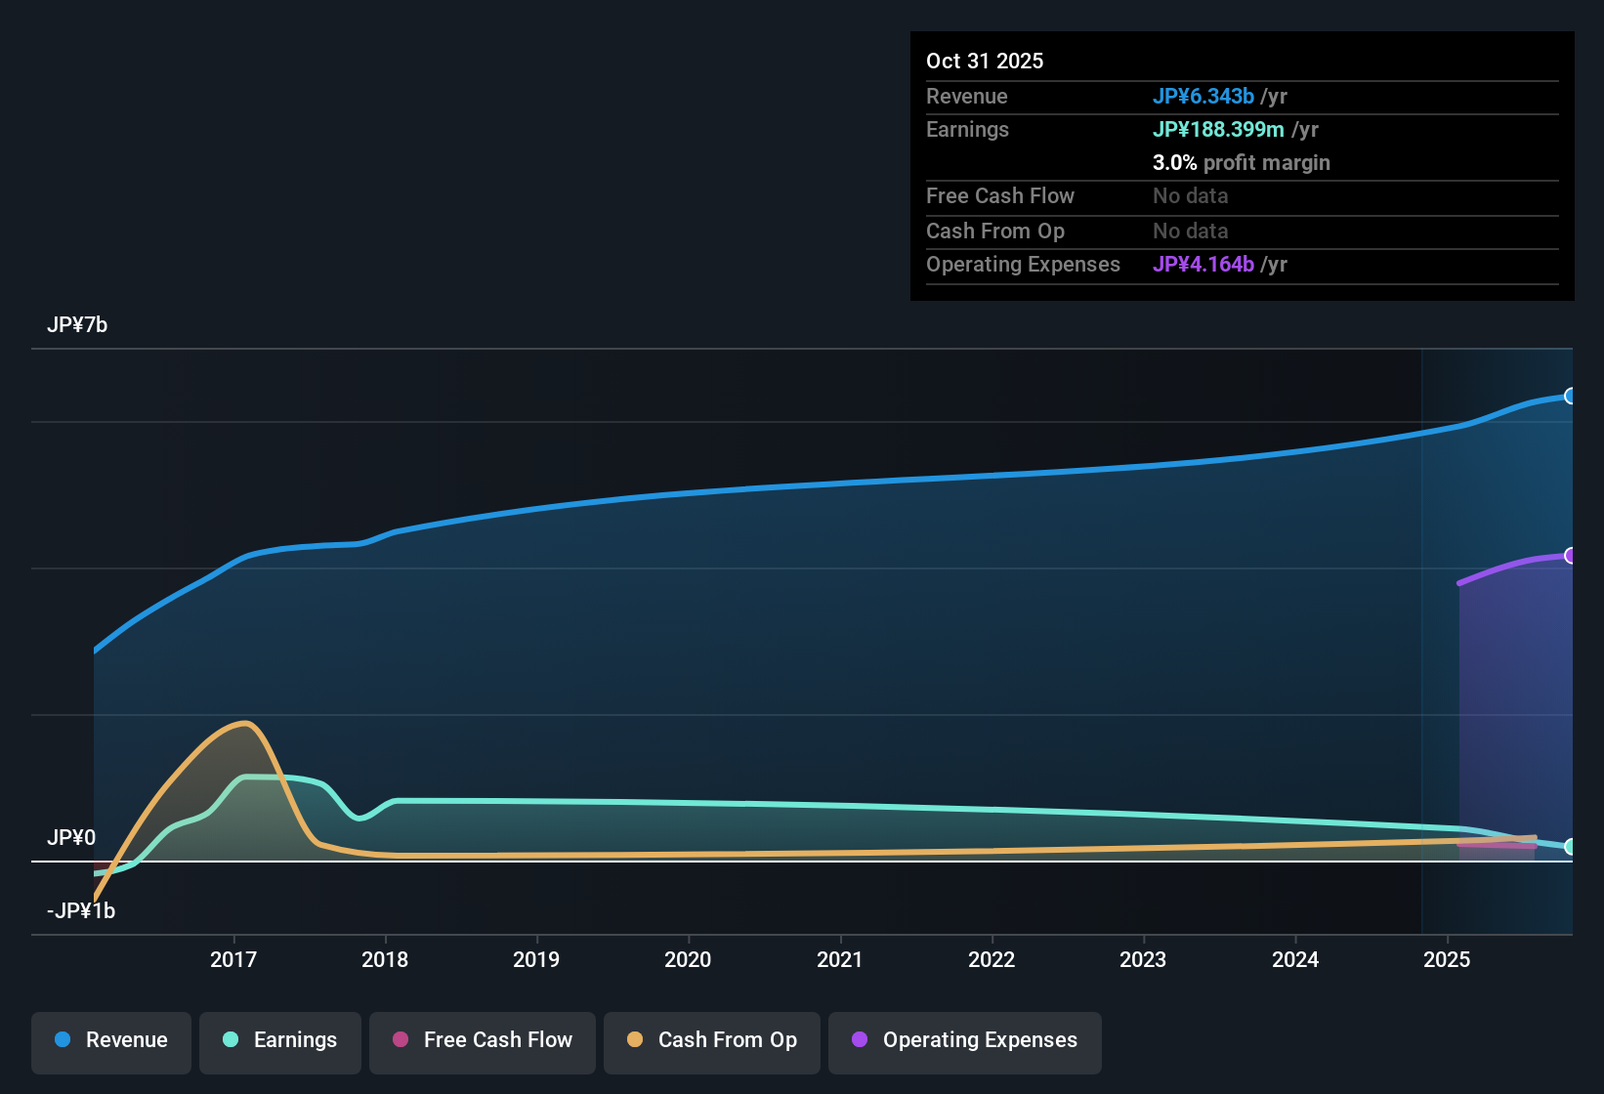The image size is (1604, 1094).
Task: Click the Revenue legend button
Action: pos(111,1041)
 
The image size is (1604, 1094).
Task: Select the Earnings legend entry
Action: pos(279,1041)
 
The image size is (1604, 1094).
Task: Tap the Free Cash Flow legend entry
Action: pos(483,1041)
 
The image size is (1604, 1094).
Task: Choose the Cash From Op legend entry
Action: pos(712,1041)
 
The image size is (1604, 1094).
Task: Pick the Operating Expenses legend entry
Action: pos(965,1041)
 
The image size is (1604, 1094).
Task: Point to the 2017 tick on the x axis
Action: pos(233,960)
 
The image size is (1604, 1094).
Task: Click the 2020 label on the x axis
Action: pos(688,960)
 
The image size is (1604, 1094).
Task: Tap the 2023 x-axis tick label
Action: pos(1143,960)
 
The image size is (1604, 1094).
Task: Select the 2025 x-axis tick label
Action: pos(1447,960)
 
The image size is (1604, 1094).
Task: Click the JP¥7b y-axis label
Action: pos(77,325)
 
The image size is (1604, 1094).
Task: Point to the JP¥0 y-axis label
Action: pos(71,838)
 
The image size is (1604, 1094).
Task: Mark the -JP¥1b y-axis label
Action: pos(81,911)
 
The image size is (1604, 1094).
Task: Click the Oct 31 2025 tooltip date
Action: pos(985,62)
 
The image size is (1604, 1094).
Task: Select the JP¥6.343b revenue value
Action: pos(1203,97)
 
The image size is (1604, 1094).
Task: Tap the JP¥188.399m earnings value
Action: pos(1218,130)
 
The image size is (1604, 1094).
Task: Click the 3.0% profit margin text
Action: pos(1241,163)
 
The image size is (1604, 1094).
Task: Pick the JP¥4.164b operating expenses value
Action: pos(1203,265)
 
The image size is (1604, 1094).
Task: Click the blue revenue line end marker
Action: pos(1570,396)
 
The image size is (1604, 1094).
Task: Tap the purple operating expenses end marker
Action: pos(1570,556)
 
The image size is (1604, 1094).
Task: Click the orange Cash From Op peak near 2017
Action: pos(245,724)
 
